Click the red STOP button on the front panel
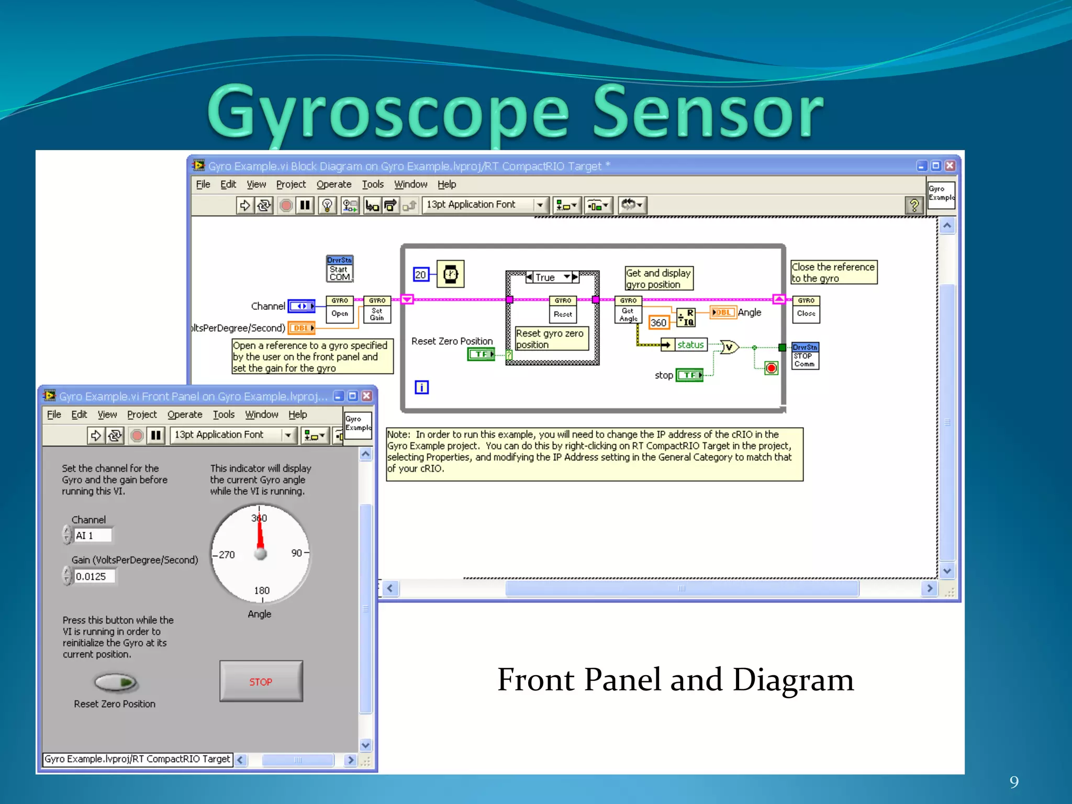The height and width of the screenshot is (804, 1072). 261,682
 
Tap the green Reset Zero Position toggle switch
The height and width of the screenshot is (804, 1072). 115,682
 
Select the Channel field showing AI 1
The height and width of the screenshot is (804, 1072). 93,535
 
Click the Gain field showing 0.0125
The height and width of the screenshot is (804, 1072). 94,576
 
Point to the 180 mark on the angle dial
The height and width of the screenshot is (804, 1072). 262,590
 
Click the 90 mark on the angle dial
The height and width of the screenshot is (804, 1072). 297,553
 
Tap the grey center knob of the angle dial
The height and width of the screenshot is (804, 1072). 260,554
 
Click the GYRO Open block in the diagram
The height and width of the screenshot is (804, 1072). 340,309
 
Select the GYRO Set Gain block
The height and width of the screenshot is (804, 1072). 377,309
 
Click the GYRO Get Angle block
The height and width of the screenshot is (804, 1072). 628,309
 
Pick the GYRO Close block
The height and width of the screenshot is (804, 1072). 806,309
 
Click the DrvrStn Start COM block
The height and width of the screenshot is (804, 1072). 340,269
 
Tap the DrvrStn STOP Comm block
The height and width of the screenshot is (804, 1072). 805,356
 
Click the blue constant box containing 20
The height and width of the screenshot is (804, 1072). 421,275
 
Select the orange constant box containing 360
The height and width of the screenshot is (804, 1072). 658,322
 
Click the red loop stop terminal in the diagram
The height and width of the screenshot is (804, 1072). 771,368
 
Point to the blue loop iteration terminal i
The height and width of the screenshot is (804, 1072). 421,387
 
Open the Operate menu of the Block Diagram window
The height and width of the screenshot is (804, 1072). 333,184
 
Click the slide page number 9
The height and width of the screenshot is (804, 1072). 1014,782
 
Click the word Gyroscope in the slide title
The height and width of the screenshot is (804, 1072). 388,113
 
